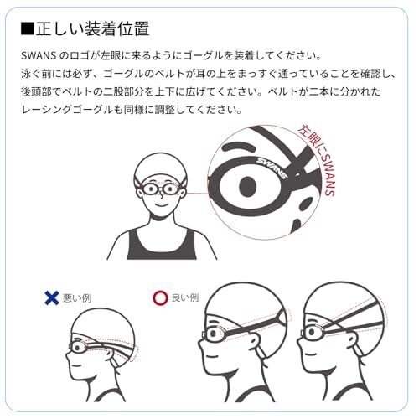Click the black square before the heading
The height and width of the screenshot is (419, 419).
click(x=28, y=28)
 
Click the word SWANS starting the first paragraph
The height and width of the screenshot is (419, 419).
click(x=39, y=55)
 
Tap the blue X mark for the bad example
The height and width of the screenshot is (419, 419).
click(x=52, y=297)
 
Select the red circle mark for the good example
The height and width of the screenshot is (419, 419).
click(x=160, y=297)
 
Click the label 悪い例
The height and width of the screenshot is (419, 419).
click(x=77, y=298)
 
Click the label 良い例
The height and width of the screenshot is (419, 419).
click(x=185, y=297)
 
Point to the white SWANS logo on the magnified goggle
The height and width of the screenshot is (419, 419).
click(x=272, y=168)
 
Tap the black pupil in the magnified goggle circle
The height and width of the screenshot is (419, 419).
click(x=248, y=186)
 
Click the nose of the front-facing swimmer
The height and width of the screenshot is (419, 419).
click(x=161, y=194)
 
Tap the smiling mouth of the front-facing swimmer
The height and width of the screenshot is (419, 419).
click(x=161, y=204)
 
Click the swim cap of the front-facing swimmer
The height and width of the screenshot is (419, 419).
click(x=160, y=166)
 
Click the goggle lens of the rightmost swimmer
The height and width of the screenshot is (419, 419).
click(x=312, y=333)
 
